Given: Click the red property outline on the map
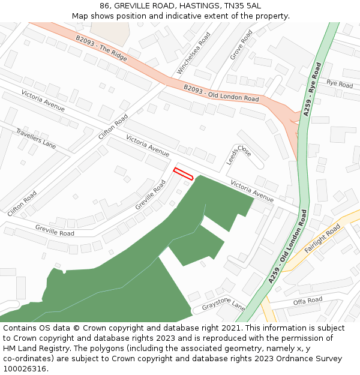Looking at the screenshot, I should tap(183, 174).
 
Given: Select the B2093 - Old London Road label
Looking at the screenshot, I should tap(221, 94).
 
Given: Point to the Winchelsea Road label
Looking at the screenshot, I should tap(193, 55).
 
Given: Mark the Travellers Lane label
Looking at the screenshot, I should tap(36, 139).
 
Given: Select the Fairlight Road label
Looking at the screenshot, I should tap(322, 239).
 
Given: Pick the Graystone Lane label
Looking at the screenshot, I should tap(223, 306).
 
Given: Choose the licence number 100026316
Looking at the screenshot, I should tap(25, 369).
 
